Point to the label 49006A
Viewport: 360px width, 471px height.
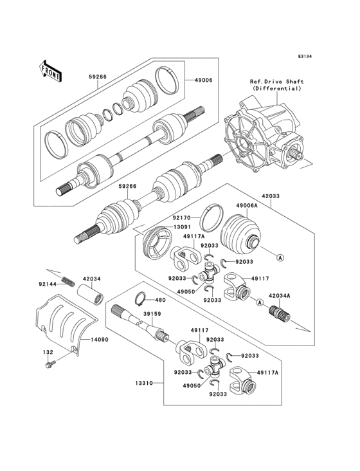point(247,207)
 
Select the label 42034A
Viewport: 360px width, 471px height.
point(279,295)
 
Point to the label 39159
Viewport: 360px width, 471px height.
point(152,315)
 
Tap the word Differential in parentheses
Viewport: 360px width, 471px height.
point(277,89)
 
